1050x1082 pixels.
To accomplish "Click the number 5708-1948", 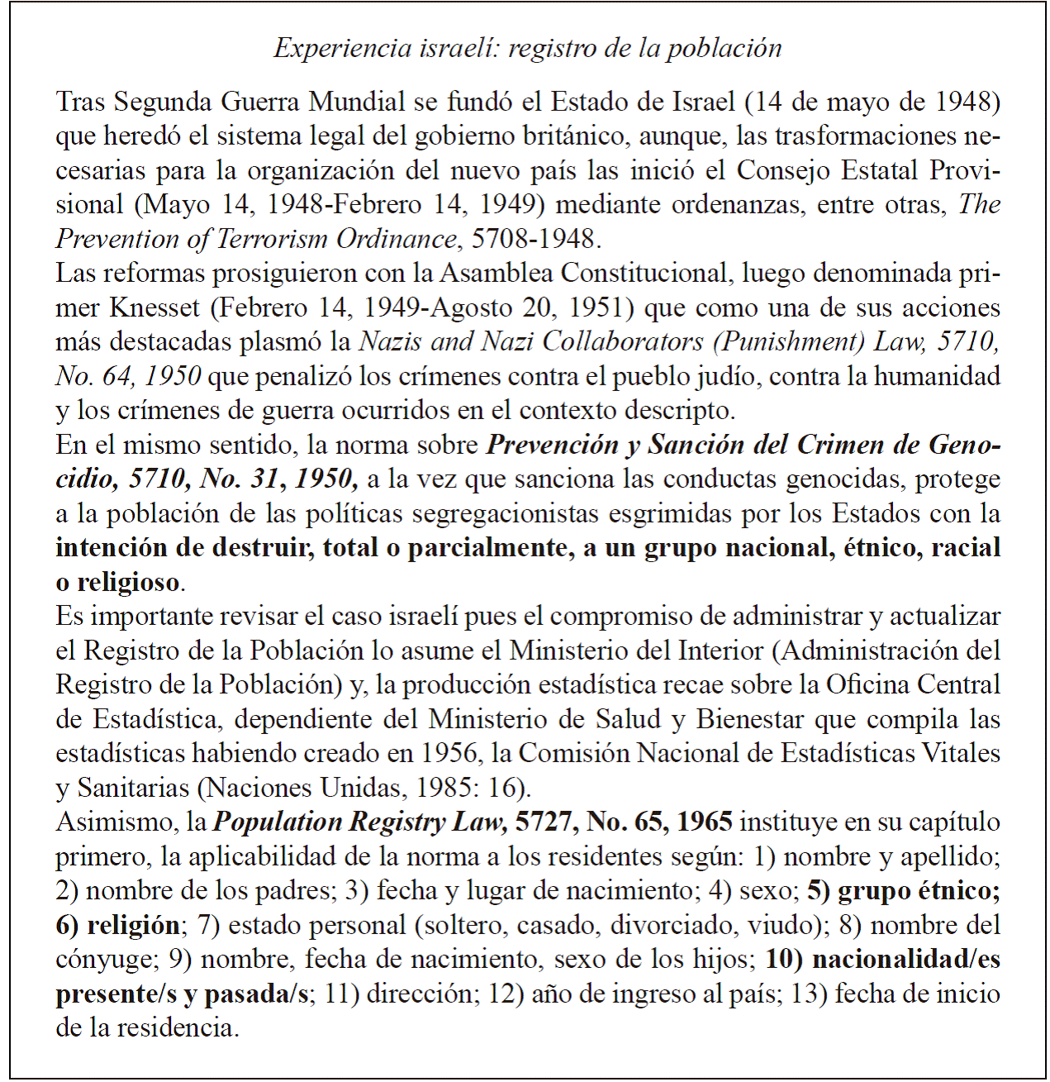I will [532, 239].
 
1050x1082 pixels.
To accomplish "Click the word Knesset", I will [154, 307].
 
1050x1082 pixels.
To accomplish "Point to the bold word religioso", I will [128, 582].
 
